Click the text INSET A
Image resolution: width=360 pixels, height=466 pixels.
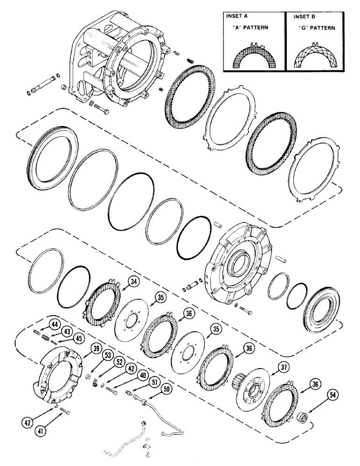[x=236, y=16]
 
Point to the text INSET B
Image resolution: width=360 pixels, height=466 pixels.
[x=304, y=16]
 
